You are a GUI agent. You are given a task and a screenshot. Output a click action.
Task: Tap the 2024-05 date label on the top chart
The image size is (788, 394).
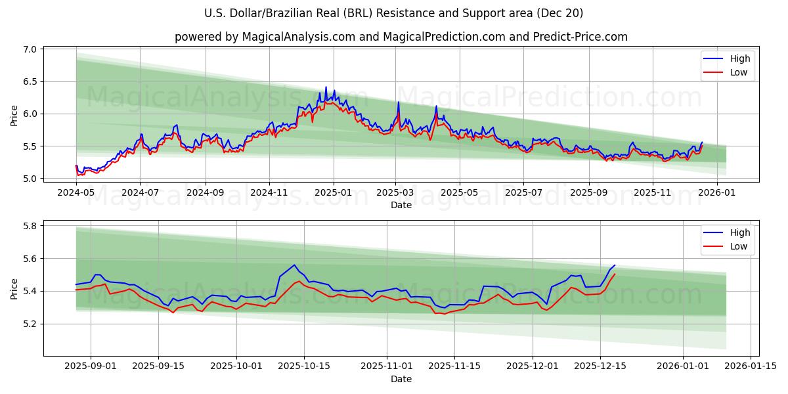76,192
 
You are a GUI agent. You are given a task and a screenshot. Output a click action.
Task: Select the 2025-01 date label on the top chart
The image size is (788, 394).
333,192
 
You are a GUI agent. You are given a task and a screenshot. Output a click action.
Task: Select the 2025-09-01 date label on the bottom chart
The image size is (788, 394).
91,366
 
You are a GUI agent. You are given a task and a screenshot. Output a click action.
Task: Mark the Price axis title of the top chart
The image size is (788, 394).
14,116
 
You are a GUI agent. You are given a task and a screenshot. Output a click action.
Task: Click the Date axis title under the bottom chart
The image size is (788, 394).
401,379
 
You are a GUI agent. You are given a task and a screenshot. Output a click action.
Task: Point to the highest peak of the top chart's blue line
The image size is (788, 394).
326,87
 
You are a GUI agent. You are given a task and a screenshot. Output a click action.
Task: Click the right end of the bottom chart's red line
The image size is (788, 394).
615,274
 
